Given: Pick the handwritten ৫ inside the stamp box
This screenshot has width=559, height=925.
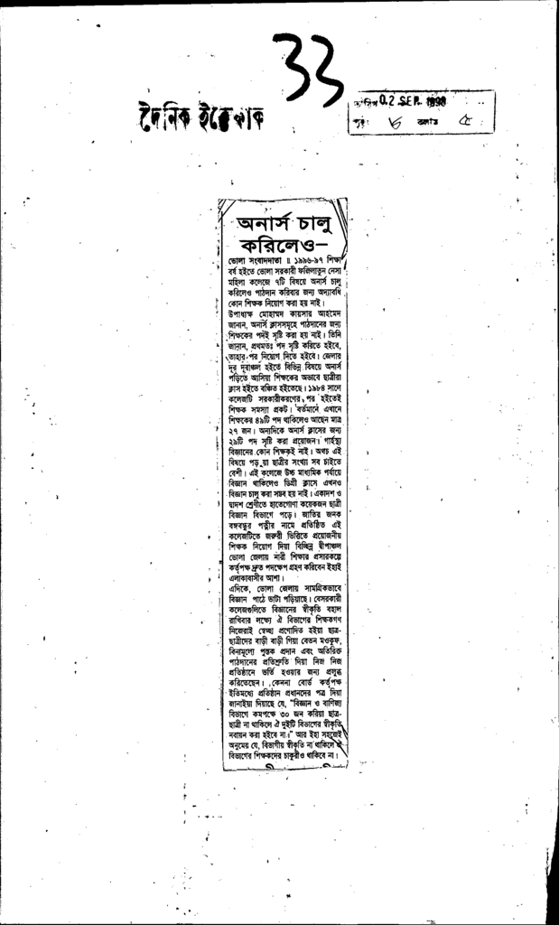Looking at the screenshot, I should click(x=469, y=120).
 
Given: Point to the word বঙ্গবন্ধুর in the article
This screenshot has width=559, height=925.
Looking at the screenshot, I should click(x=247, y=521).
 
